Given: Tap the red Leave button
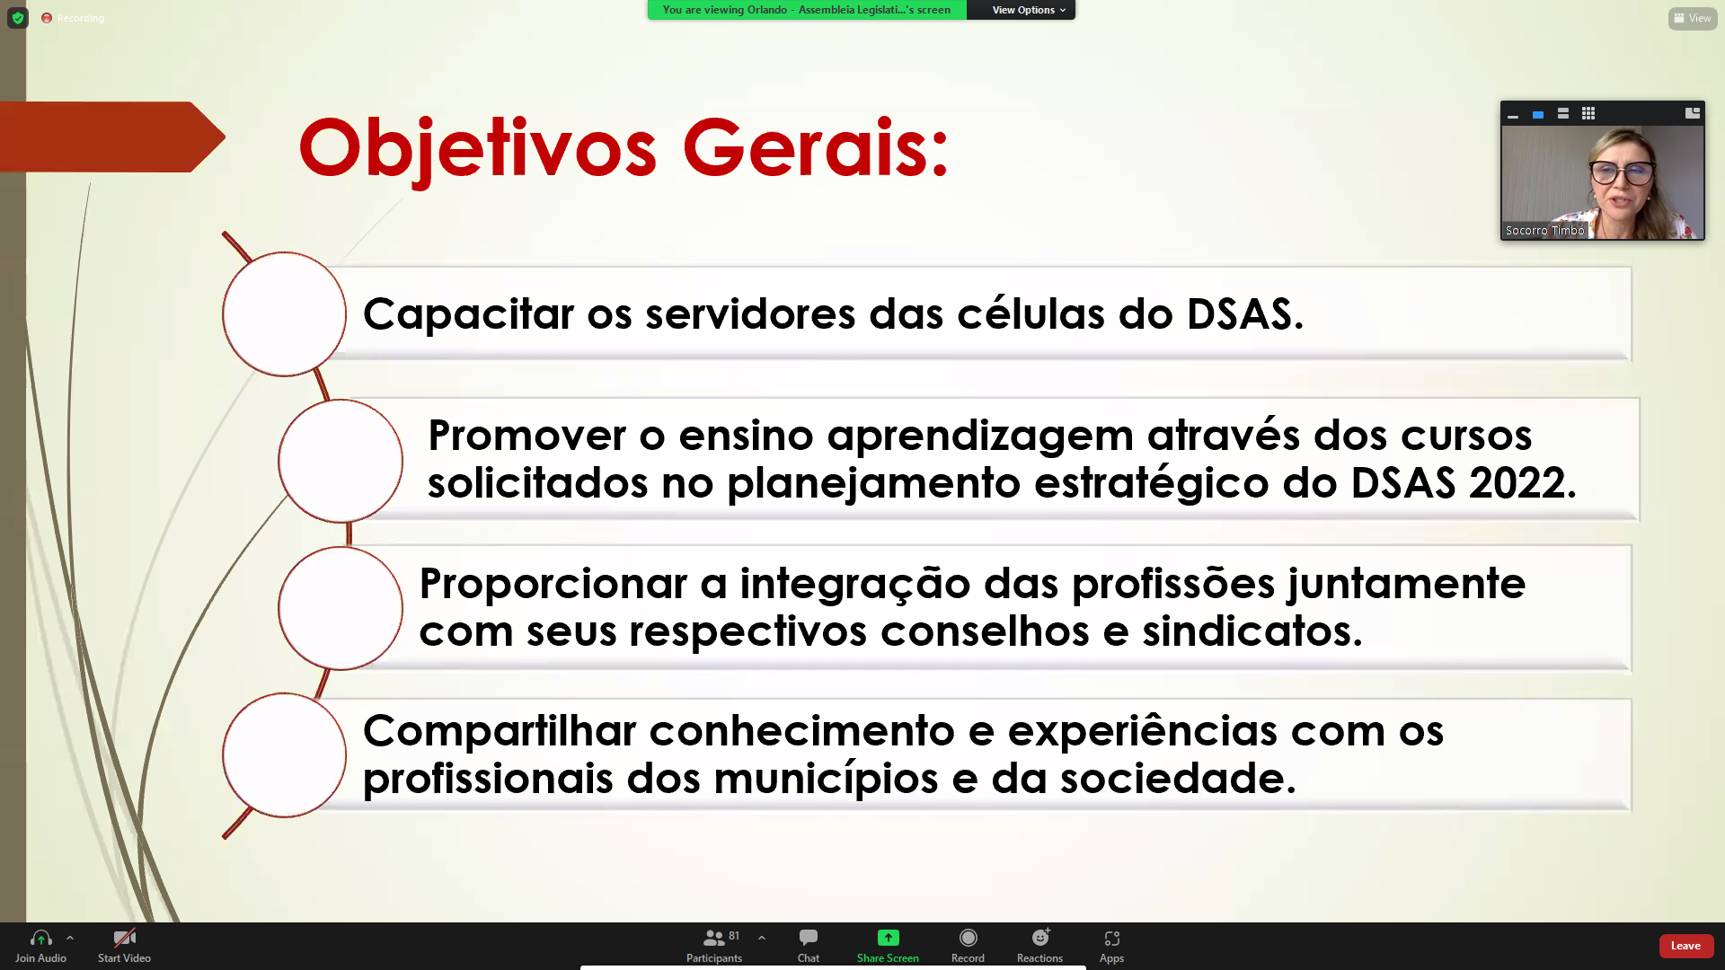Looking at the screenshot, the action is (1685, 946).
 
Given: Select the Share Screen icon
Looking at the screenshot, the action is (888, 938).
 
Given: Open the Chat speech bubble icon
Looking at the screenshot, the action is (809, 938).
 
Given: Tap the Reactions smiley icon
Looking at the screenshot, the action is (1040, 938).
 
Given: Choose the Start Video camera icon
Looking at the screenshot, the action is (124, 938).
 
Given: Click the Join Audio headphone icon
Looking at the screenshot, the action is (41, 938).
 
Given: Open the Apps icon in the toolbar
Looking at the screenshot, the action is (1112, 938).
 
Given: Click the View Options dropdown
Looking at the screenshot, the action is (1028, 10).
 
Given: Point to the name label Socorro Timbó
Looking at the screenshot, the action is (1544, 231).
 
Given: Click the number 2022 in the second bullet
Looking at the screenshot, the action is (1517, 483).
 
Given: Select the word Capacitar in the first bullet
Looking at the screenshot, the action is (468, 314).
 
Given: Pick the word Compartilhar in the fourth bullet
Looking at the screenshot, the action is (500, 732).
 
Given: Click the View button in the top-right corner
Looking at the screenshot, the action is (1693, 18).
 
